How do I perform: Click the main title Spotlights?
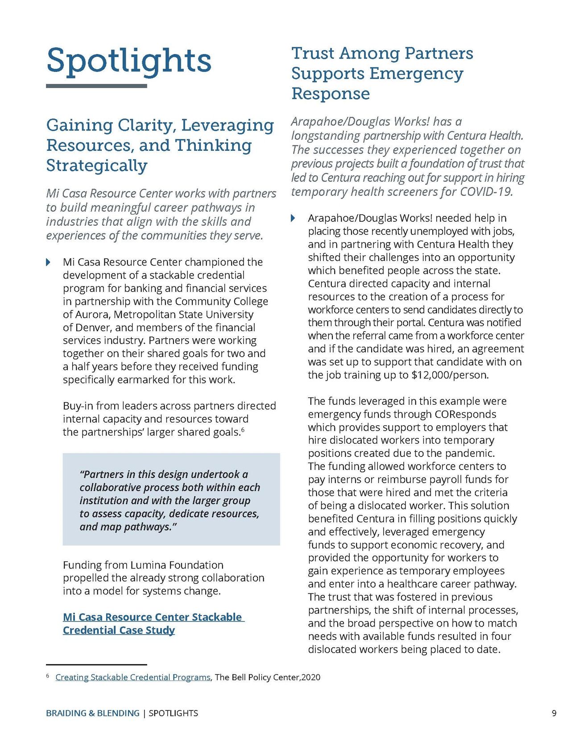129,61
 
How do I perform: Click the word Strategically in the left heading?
97,166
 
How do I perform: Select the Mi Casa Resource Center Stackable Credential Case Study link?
153,623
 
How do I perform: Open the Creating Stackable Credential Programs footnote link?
132,677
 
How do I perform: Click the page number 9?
554,713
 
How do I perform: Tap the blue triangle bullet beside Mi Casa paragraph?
49,262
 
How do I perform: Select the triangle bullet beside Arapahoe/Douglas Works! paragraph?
293,218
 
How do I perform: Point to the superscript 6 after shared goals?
243,430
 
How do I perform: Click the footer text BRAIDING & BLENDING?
92,713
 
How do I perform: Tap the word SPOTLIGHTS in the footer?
174,713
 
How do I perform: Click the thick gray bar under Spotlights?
96,86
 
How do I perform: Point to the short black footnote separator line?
96,664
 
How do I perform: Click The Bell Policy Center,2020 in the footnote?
268,677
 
